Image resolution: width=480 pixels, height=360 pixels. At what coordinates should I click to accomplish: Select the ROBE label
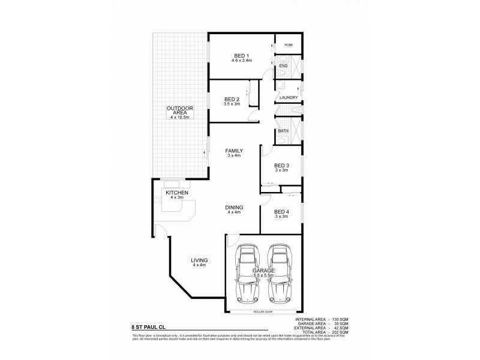point(288,45)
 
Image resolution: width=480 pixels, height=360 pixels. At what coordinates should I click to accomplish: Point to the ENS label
point(283,65)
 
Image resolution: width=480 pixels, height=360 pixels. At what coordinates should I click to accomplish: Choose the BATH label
point(283,130)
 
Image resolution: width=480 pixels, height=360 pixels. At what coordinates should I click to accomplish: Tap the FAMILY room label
point(233,151)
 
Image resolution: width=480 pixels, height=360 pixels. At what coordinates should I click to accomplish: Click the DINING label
point(233,207)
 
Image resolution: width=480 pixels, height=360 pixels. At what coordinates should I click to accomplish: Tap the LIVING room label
point(199,260)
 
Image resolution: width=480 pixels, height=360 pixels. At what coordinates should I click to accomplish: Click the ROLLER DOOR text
point(263,313)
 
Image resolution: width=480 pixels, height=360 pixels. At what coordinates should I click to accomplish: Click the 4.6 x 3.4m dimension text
point(241,61)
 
